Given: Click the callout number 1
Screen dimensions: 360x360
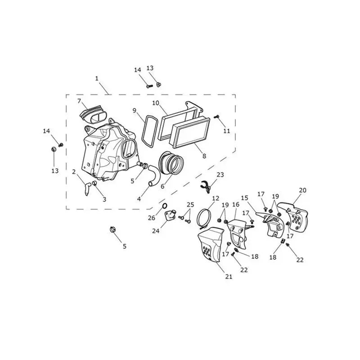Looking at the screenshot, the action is click(97, 78).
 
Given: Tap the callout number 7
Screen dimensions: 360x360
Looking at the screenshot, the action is click(79, 101).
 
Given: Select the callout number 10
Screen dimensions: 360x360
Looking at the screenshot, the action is click(156, 103).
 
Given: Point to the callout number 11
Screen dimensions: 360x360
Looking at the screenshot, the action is click(227, 131).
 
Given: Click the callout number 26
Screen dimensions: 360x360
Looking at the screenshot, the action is click(152, 218).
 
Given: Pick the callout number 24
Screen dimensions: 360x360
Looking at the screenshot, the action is click(156, 231).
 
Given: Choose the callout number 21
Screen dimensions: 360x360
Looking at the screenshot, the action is click(229, 277).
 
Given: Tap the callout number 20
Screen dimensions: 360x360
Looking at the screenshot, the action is click(302, 190).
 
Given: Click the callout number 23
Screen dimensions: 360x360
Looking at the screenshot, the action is click(220, 175).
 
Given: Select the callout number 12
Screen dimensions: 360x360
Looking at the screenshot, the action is click(216, 198).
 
